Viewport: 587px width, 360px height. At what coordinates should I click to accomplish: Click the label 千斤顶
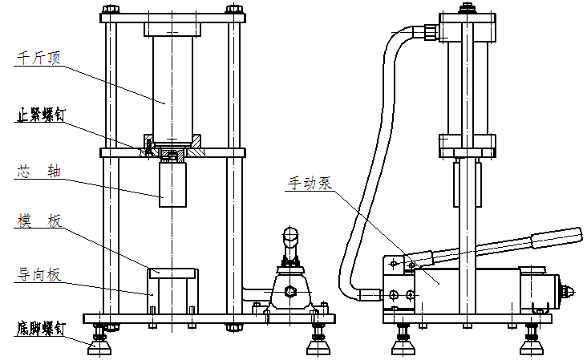(38, 58)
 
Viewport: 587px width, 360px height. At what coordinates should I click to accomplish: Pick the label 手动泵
(310, 182)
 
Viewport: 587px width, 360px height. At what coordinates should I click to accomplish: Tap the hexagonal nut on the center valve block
(289, 293)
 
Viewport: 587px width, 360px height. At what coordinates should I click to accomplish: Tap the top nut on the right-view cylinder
(465, 10)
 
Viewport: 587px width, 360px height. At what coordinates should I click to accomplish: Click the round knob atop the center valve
(289, 236)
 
